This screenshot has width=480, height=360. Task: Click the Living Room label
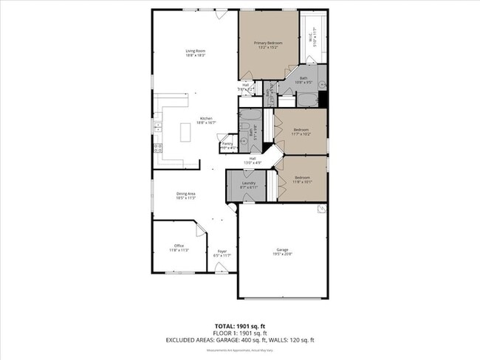[x=195, y=52]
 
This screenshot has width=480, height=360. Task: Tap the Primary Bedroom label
[x=268, y=45]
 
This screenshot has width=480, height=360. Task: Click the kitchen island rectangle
[x=184, y=133]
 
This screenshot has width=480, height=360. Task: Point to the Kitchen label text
[x=206, y=121]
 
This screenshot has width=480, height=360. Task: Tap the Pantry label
[x=227, y=145]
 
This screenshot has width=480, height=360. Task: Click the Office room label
[x=179, y=247]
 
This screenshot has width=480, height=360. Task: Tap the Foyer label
[x=222, y=254]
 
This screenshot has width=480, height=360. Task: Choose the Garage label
[x=283, y=252]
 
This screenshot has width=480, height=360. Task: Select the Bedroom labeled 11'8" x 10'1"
[x=303, y=179]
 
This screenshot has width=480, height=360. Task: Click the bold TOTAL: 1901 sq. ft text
[x=239, y=325]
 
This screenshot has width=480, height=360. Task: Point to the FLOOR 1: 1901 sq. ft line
[x=239, y=333]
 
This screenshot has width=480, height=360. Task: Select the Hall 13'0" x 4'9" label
[x=253, y=160]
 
